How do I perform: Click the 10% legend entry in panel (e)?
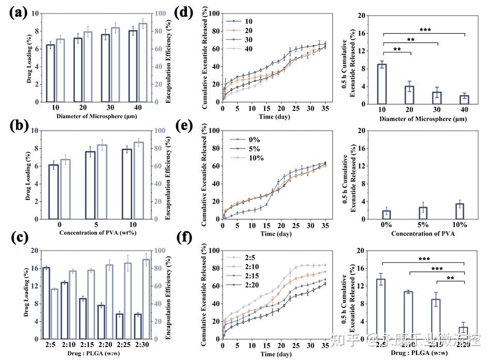coord(254,158)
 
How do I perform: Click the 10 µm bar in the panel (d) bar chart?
coord(383,84)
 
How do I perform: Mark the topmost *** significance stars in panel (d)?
coord(424,30)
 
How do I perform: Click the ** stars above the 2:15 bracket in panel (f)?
coord(450,277)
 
